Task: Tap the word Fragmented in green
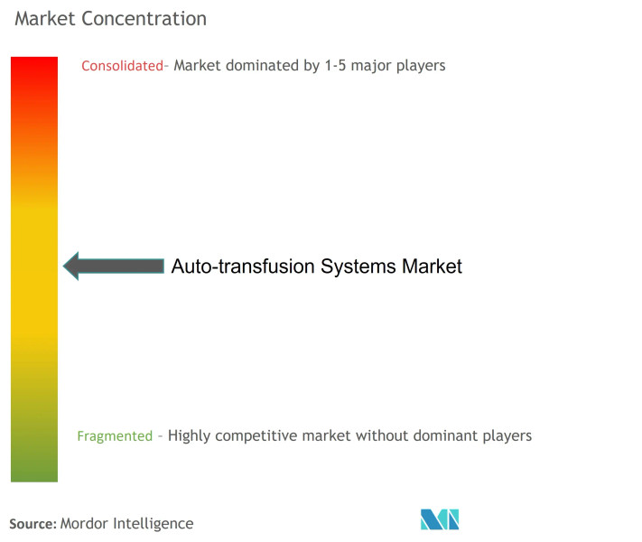coord(115,435)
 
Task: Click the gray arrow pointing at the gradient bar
coord(113,266)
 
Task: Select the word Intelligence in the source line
coord(154,523)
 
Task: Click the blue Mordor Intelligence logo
coord(440,519)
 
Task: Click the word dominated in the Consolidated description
coord(263,65)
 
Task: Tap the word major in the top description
coord(368,65)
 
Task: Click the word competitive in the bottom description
coord(257,435)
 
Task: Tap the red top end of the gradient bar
coord(34,65)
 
